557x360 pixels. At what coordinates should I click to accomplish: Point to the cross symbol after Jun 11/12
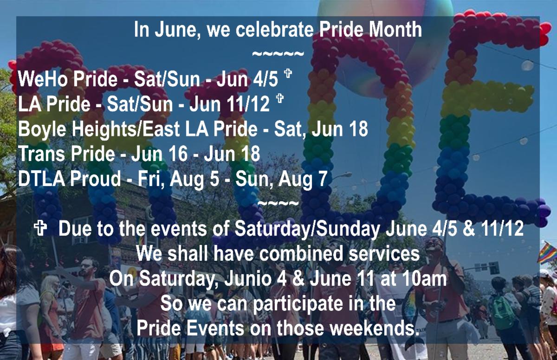279,100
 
